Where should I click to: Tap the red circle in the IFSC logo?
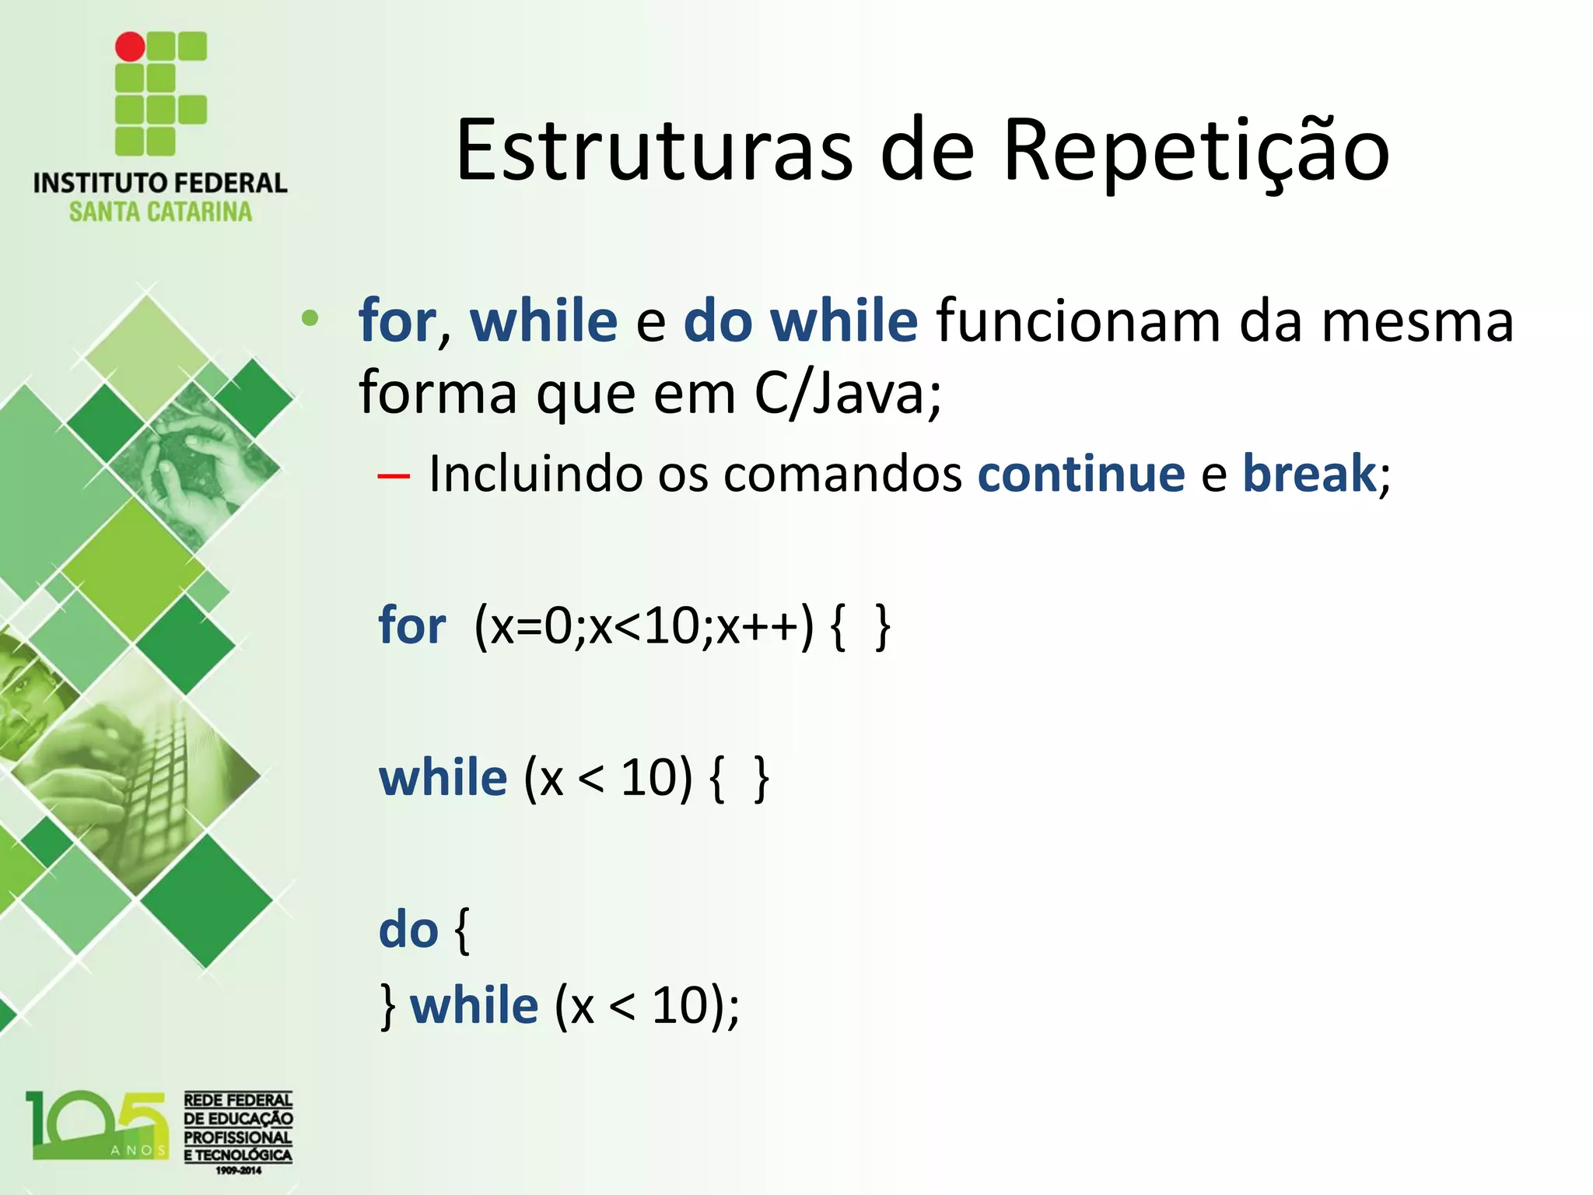pyautogui.click(x=130, y=47)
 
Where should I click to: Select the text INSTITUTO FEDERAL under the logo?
pyautogui.click(x=160, y=184)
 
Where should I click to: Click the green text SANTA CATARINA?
pyautogui.click(x=160, y=212)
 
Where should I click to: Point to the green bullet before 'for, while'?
pyautogui.click(x=310, y=318)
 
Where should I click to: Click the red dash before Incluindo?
pyautogui.click(x=394, y=476)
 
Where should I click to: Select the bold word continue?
pyautogui.click(x=1080, y=473)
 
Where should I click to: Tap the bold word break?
pyautogui.click(x=1308, y=473)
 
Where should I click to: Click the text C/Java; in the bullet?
pyautogui.click(x=847, y=393)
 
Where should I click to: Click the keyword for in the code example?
pyautogui.click(x=411, y=626)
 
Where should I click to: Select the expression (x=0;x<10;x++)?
pyautogui.click(x=644, y=627)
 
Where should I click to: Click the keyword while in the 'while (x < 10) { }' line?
pyautogui.click(x=443, y=778)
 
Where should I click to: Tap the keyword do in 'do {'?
pyautogui.click(x=408, y=930)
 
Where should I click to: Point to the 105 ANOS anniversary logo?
pyautogui.click(x=97, y=1125)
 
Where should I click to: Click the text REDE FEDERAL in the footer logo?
pyautogui.click(x=238, y=1100)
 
